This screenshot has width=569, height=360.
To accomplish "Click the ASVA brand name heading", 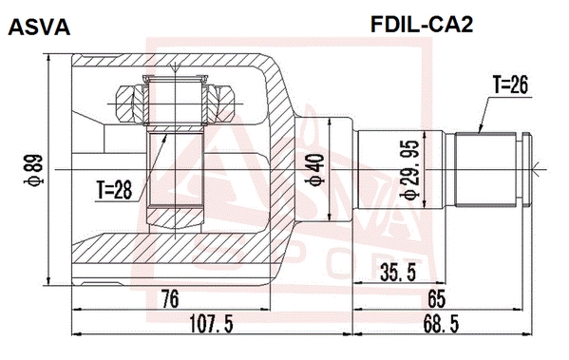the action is (39, 27).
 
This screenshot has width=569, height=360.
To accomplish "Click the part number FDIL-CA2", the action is (422, 25).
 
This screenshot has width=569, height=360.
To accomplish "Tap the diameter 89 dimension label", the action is (34, 170).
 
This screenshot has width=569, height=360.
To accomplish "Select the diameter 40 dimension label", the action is (315, 169).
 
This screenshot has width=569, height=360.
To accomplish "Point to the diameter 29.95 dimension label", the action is (410, 170).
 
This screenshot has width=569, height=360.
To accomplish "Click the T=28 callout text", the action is (114, 190).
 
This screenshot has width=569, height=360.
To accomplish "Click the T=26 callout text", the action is (510, 85).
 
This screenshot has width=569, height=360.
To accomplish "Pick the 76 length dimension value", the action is (170, 299).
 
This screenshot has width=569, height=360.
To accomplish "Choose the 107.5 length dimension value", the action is (211, 324).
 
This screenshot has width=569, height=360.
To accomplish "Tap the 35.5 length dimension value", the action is (398, 273).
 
